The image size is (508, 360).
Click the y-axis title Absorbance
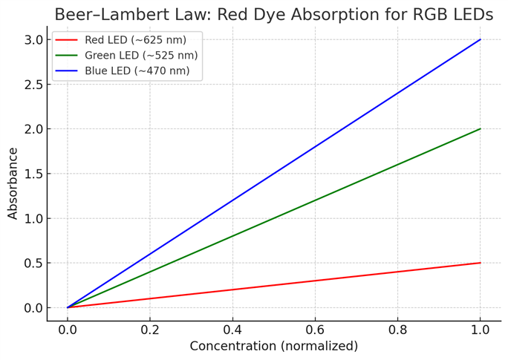click(13, 183)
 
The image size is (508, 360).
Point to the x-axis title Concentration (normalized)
click(273, 346)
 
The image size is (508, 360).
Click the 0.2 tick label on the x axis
click(150, 327)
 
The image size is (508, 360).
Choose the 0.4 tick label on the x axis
click(232, 327)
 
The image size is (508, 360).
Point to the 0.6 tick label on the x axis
click(315, 327)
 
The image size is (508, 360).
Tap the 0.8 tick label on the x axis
click(397, 327)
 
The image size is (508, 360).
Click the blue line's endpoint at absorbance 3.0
click(481, 39)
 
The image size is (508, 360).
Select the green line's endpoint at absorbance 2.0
click(481, 128)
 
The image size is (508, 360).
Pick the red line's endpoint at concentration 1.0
click(481, 263)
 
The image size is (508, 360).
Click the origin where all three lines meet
click(68, 307)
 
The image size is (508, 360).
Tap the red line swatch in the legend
click(67, 40)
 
